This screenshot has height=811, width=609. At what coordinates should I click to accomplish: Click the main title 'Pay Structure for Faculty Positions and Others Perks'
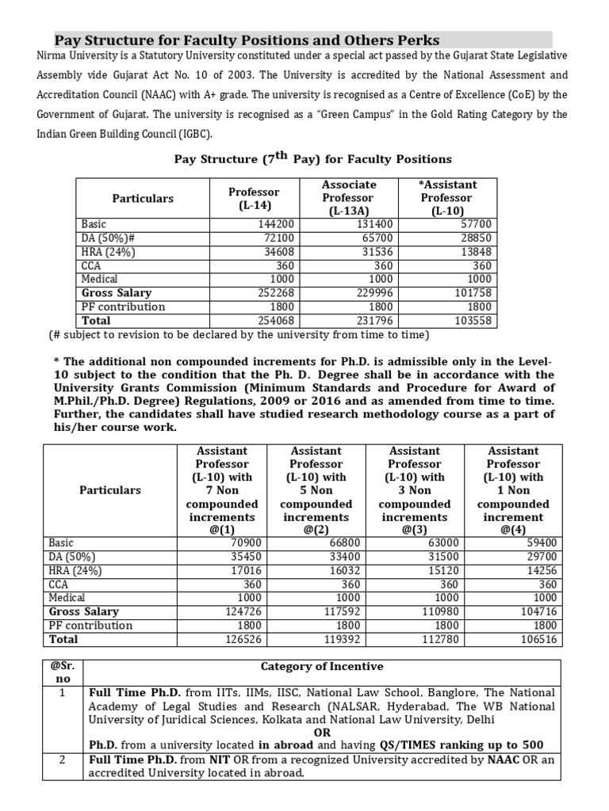(x=247, y=40)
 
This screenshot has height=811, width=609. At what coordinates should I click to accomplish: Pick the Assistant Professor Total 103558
(x=473, y=321)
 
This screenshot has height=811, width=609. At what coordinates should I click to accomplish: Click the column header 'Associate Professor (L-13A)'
(x=348, y=198)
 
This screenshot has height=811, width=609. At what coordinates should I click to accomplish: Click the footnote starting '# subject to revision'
(x=239, y=335)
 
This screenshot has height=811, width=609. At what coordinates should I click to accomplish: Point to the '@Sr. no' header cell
(x=62, y=673)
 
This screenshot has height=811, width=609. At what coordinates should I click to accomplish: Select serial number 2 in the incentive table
(x=62, y=760)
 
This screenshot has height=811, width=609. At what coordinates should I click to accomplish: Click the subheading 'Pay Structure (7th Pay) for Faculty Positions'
(x=312, y=158)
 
